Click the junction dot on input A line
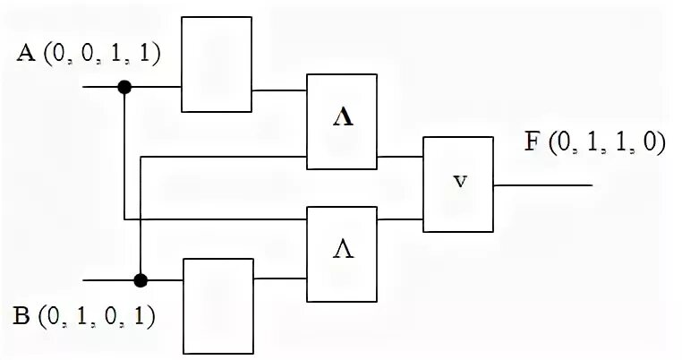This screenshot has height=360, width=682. tap(124, 87)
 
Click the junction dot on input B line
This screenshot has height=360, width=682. tap(141, 279)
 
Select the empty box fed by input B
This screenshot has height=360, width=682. tap(218, 304)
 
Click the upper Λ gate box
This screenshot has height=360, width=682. tap(342, 121)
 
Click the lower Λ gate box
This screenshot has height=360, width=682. tap(342, 254)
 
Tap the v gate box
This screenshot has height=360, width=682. tap(457, 184)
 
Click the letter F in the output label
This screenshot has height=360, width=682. tap(532, 144)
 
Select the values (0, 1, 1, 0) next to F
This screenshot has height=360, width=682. tap(608, 144)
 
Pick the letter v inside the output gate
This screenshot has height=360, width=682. tap(459, 182)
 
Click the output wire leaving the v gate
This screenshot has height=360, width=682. tap(541, 185)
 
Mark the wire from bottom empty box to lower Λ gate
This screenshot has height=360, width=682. tap(280, 279)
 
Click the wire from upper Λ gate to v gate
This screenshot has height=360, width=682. tap(400, 156)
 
